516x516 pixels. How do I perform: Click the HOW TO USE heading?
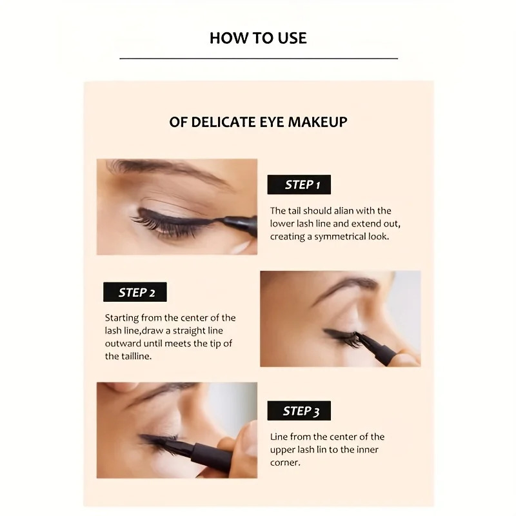coord(258,38)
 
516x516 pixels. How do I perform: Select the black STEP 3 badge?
coord(301,411)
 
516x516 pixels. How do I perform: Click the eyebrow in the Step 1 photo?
coord(161,170)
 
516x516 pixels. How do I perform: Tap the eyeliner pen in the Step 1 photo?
coord(239,224)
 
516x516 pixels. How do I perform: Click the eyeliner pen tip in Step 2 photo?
coord(359,337)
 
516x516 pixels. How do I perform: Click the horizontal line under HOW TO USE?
coord(258,59)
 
